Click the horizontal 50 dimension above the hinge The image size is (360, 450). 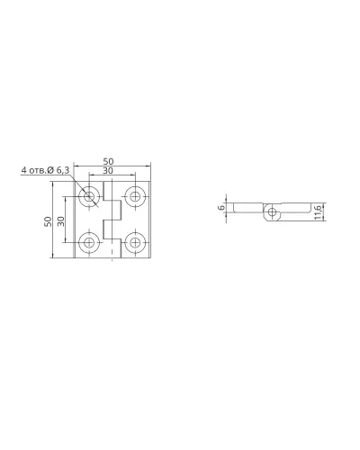(x=108, y=161)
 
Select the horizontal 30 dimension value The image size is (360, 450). (x=108, y=170)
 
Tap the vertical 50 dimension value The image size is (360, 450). (x=48, y=221)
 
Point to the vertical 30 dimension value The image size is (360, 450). (x=60, y=221)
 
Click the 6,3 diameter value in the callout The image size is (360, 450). (x=62, y=170)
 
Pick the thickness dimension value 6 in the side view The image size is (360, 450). (x=221, y=207)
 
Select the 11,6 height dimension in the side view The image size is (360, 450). (x=319, y=211)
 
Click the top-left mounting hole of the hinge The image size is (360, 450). (x=89, y=196)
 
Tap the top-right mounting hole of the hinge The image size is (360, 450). (x=136, y=196)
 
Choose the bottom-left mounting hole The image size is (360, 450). (x=89, y=243)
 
